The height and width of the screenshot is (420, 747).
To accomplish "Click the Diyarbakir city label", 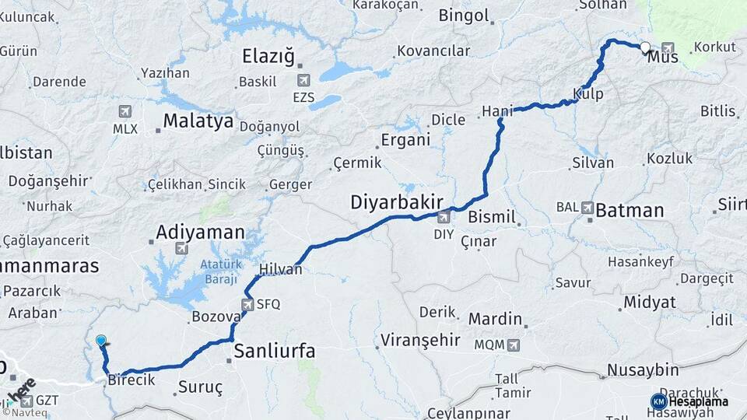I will tap(396, 202).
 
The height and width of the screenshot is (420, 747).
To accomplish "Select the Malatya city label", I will tap(198, 121).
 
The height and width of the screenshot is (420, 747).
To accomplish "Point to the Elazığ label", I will tap(269, 56).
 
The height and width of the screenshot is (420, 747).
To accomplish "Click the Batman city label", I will tap(630, 211).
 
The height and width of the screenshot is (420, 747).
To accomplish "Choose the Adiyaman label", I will tap(200, 232).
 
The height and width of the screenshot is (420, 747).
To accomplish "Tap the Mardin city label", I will tap(494, 319).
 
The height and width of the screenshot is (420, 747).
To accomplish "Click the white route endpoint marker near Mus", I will tap(646, 47).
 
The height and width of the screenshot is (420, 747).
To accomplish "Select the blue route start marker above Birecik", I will tap(101, 341).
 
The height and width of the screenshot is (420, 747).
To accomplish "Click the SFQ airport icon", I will tap(248, 305).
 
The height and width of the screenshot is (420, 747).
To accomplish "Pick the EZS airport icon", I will tap(304, 80).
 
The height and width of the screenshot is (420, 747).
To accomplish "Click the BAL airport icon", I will tap(587, 208).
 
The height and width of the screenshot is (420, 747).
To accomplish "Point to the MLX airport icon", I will tap(124, 111).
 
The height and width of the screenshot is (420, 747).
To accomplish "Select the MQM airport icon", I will tap(513, 345).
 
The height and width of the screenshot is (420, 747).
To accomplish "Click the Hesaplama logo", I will tap(690, 401).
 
